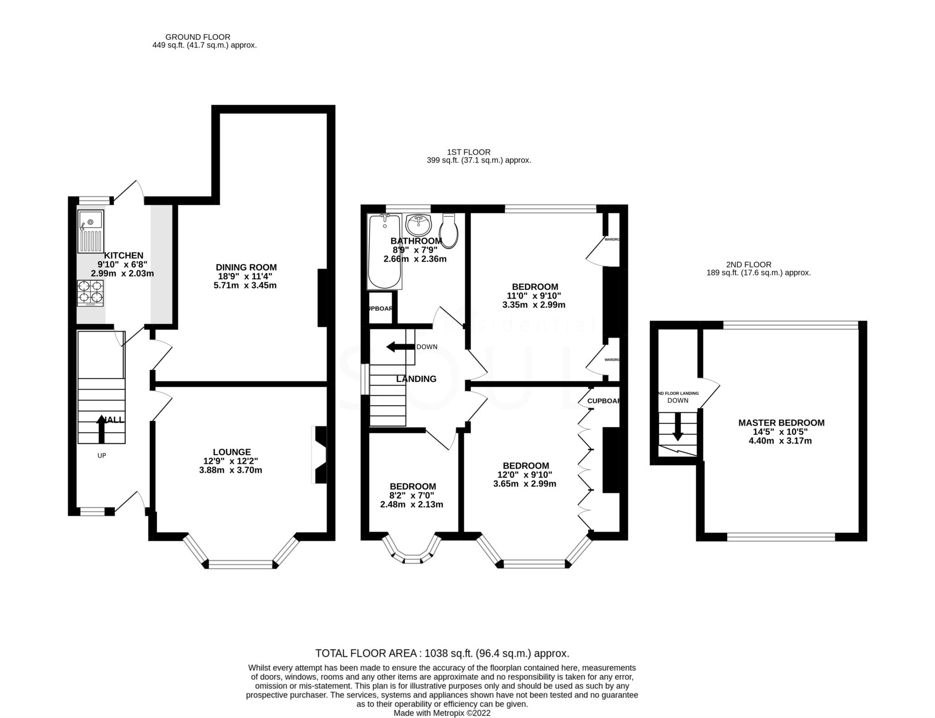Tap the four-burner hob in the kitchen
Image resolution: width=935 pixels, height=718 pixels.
[90, 293]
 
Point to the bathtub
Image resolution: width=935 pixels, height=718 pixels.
[384, 252]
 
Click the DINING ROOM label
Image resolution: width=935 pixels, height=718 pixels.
[246, 267]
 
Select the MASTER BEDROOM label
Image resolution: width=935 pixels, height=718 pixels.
[781, 423]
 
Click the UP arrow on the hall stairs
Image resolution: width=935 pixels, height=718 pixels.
[101, 428]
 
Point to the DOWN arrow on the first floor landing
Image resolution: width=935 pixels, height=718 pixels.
[400, 347]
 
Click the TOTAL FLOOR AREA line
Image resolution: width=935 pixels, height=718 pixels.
[442, 653]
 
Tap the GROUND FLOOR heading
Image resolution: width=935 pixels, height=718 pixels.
[198, 37]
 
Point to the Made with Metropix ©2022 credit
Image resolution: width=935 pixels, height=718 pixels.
[441, 713]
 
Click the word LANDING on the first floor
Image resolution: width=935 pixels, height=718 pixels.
[416, 379]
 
